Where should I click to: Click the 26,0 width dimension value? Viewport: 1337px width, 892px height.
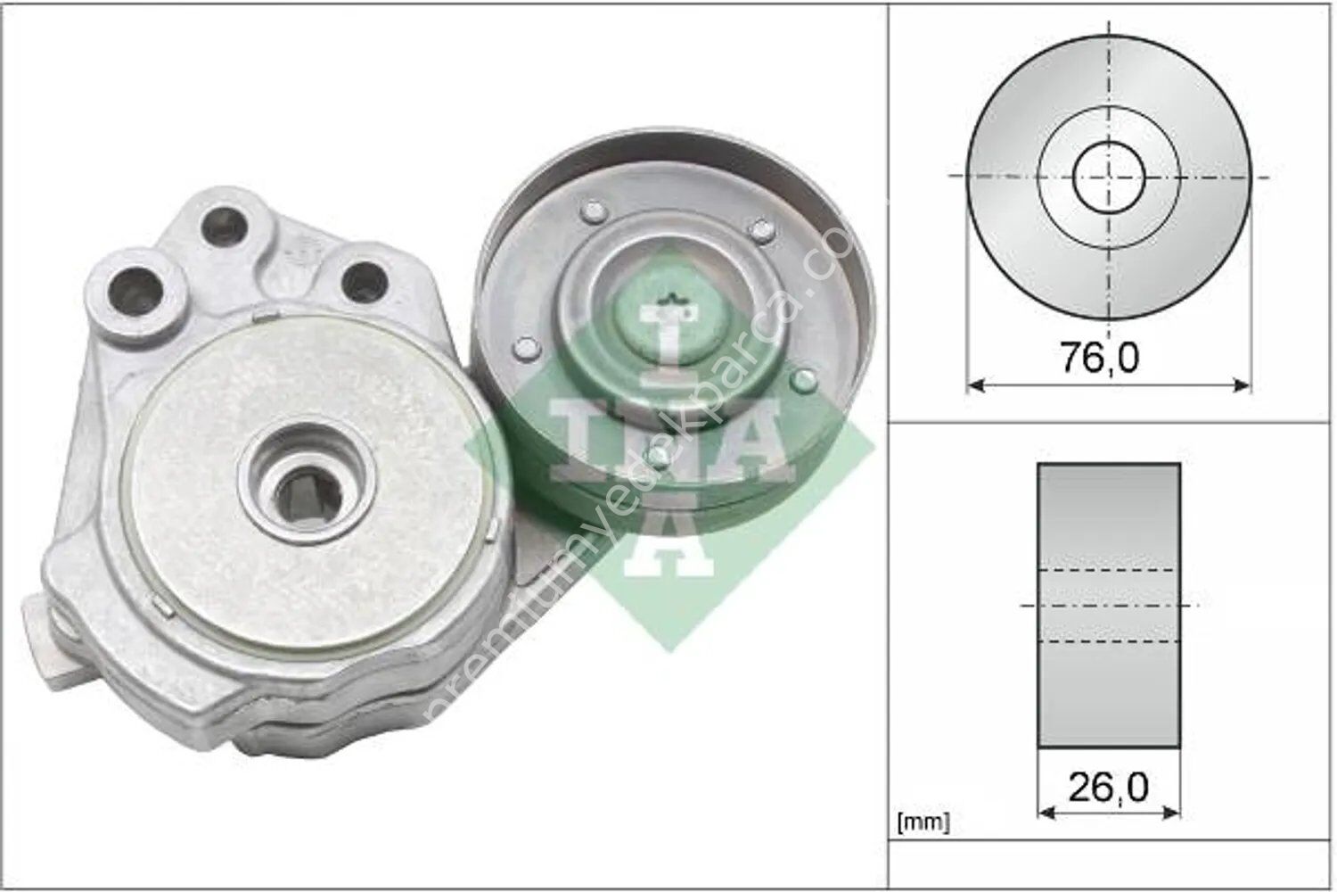pyautogui.click(x=1108, y=786)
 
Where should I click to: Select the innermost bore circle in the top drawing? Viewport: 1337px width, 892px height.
pyautogui.click(x=1108, y=176)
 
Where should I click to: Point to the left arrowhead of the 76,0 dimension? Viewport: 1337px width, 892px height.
pyautogui.click(x=974, y=385)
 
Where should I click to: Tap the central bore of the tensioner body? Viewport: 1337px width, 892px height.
pyautogui.click(x=304, y=483)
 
